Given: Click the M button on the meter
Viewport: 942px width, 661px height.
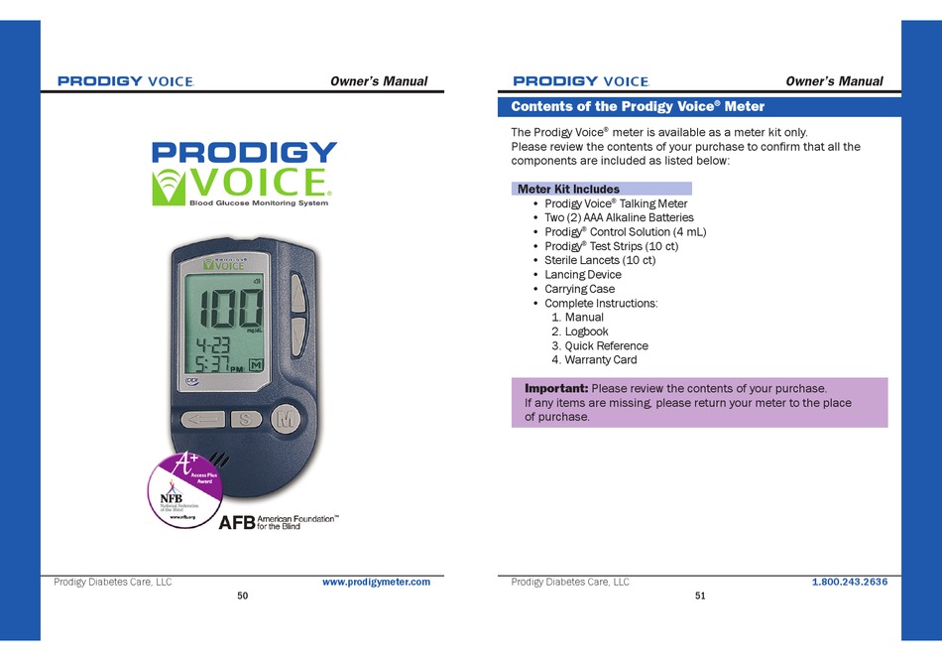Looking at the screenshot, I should coord(287,419).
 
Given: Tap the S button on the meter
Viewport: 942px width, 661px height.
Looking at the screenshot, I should coord(245,419).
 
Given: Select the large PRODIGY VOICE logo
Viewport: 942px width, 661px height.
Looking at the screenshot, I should coord(244,174).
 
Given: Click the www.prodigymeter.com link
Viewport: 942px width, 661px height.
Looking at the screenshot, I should coord(376,583).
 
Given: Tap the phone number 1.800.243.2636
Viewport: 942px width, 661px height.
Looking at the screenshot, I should coord(849,583).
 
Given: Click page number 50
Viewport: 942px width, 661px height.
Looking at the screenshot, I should coord(243,595).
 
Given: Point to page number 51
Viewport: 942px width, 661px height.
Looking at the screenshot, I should coord(700,595).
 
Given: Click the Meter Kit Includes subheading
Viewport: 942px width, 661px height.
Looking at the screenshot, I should coord(568,189).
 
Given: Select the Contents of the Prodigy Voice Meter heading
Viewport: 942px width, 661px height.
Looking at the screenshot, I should coord(637,106).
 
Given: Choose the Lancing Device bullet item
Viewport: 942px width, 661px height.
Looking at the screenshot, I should coord(583,275).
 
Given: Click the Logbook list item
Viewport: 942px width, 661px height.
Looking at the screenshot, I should coord(586,331).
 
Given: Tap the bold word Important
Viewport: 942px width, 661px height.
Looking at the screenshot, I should coord(556,388).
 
